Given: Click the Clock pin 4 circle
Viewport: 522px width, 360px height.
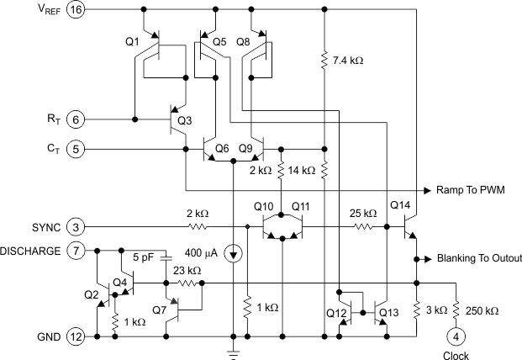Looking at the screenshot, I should click(x=455, y=336).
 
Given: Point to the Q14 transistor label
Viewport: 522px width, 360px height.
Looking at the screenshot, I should click(x=401, y=204).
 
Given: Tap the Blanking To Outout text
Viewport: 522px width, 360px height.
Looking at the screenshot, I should click(x=475, y=258).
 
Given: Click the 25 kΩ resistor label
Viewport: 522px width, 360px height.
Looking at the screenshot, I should click(x=363, y=213).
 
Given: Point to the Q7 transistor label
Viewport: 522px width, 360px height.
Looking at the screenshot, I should click(x=160, y=310).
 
